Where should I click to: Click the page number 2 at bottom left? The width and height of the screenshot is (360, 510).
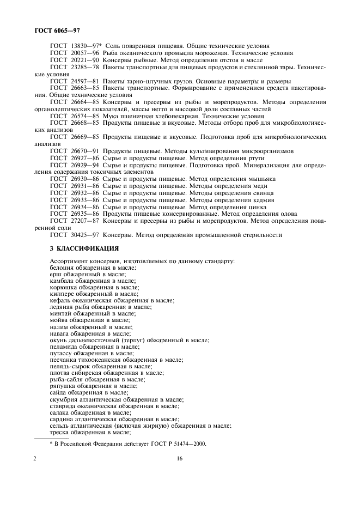35,459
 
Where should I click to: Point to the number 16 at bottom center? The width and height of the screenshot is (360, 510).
180,459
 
